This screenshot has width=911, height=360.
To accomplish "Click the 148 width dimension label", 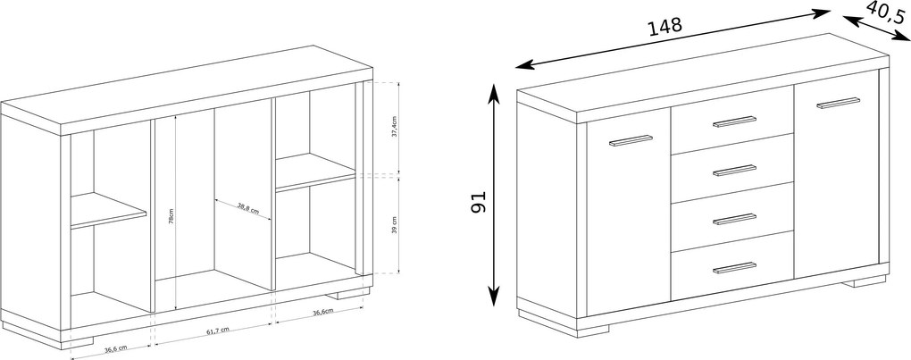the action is (x=664, y=27).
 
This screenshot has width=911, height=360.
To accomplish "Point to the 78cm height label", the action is (x=171, y=216).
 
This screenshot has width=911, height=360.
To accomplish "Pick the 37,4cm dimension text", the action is (x=395, y=128).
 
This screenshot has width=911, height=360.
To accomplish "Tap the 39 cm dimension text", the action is (x=395, y=225).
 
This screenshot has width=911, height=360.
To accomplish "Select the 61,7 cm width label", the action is (x=218, y=331).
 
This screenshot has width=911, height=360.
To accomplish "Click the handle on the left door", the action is (x=631, y=140).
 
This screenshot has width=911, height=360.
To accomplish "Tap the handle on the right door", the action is (x=839, y=103).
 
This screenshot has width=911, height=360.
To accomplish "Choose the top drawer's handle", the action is (x=735, y=121).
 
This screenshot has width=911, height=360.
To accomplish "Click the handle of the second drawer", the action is (x=735, y=170).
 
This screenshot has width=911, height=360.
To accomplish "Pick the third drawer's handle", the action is (x=735, y=219).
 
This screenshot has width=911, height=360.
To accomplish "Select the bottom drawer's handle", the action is (x=735, y=268).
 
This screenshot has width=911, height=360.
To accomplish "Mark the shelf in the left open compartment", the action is (x=108, y=210).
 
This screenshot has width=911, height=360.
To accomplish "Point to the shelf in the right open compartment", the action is (x=315, y=172).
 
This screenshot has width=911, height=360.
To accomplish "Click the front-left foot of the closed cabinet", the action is (x=593, y=331).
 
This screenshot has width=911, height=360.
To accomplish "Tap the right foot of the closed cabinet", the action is (x=865, y=281).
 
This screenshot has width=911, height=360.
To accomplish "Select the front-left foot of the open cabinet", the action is (x=77, y=343).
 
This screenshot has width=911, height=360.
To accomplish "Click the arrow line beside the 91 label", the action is (x=494, y=195).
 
